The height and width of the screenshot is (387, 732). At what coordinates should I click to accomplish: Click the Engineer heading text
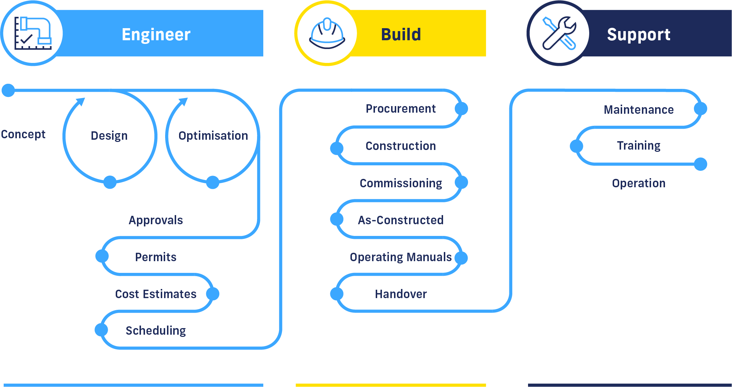(156, 34)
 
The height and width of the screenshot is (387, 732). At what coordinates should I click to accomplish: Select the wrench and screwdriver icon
(559, 33)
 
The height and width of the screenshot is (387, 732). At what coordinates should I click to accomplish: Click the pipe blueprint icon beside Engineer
(33, 33)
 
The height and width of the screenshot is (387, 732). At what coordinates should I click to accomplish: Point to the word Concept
(23, 134)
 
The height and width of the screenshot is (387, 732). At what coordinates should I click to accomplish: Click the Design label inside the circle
(109, 136)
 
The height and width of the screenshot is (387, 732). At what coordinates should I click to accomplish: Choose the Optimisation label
(213, 136)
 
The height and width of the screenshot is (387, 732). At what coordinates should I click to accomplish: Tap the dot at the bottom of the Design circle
(110, 182)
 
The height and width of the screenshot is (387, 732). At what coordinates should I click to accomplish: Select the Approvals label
(156, 220)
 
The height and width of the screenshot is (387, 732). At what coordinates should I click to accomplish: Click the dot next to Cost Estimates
(212, 294)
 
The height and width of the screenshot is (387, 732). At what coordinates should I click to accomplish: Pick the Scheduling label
(156, 331)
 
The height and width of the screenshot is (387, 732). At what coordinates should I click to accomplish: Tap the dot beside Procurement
(461, 109)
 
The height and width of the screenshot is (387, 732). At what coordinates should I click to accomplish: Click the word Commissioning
(401, 183)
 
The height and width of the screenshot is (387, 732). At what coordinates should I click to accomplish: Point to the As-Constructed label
(401, 220)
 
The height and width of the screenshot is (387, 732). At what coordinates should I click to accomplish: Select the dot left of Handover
(337, 293)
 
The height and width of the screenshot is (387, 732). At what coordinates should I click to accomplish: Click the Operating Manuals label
(401, 257)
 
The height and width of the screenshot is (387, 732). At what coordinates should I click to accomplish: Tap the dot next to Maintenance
(700, 109)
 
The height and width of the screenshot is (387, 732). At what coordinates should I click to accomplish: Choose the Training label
(638, 146)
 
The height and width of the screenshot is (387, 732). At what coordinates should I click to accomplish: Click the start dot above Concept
(8, 90)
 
